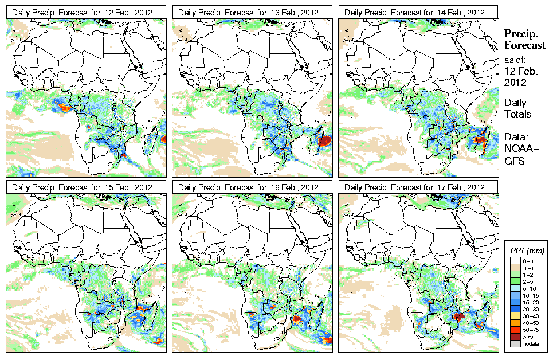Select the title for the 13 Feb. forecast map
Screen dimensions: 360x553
click(248, 12)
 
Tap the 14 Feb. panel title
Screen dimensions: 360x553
click(414, 12)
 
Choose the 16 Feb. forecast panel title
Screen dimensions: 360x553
click(248, 187)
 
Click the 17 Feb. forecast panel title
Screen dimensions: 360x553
click(414, 187)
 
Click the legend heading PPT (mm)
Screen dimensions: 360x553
click(527, 251)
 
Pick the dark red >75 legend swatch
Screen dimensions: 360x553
click(516, 336)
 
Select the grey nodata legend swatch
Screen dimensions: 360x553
click(516, 343)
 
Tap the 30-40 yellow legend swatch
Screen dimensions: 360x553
click(516, 315)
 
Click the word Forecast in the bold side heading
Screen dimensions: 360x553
click(525, 46)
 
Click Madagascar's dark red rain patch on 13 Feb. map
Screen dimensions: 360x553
click(324, 140)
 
